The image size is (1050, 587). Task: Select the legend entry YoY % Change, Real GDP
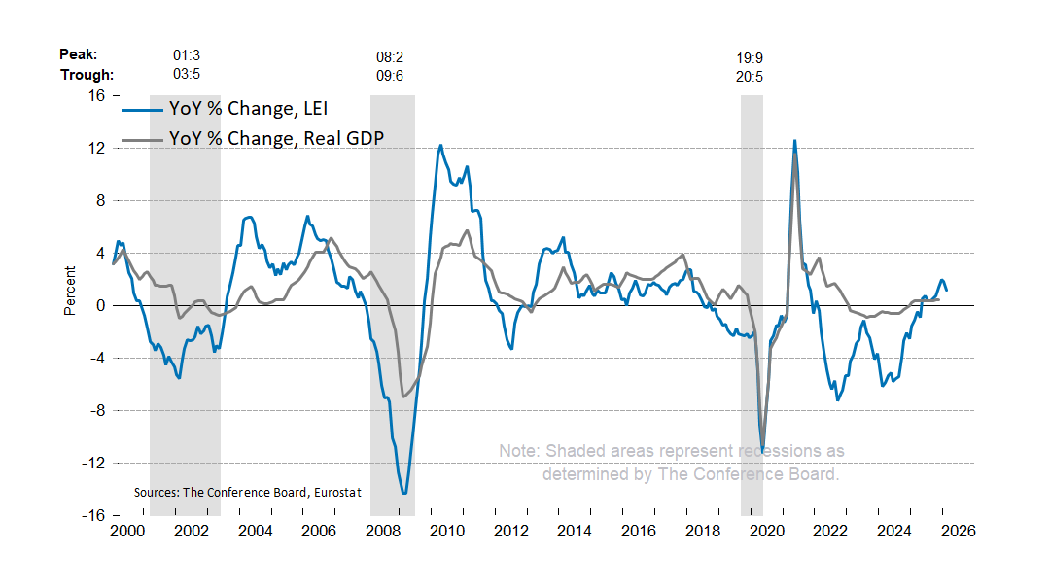[x=276, y=138]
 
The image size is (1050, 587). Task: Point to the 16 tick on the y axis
[x=96, y=95]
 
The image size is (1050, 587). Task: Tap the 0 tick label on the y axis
[x=101, y=305]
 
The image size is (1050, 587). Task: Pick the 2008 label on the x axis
[x=382, y=532]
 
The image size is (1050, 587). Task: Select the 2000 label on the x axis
[x=126, y=532]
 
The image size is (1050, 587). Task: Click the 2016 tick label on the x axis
[x=638, y=532]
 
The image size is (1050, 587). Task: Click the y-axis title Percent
[x=70, y=291]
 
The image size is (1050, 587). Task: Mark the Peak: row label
[x=79, y=55]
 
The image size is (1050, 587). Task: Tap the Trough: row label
[x=87, y=75]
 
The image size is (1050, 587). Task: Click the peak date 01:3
[x=187, y=55]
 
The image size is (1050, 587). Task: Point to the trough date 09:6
[x=390, y=75]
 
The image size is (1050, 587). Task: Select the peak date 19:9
[x=750, y=58]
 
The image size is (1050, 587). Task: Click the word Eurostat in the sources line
[x=337, y=493]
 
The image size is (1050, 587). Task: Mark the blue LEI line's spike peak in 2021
[x=794, y=141]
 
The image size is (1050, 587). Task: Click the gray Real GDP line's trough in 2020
[x=762, y=445]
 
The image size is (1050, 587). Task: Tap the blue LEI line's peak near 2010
[x=440, y=146]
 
